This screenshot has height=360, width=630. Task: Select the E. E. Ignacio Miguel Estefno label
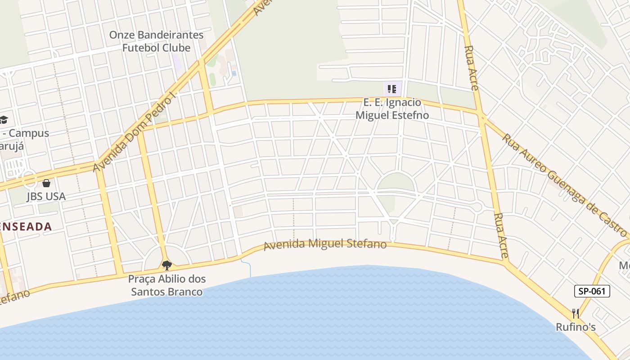392,109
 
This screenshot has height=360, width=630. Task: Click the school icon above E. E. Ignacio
391,89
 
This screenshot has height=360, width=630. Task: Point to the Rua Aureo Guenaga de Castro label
564,184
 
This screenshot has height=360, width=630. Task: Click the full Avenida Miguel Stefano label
325,244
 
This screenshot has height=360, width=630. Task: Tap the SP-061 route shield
592,291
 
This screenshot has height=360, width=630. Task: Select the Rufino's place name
576,327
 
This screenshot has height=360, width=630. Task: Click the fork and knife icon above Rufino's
576,313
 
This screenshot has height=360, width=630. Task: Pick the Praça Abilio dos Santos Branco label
166,285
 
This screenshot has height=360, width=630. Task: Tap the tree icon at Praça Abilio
167,265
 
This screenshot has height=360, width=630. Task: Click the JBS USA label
46,196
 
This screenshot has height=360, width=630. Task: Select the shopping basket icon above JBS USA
46,183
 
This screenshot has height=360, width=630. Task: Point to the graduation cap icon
4,120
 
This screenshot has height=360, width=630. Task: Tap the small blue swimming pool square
234,73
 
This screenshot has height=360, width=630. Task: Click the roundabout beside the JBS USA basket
30,179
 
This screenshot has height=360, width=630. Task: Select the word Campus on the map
29,133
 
